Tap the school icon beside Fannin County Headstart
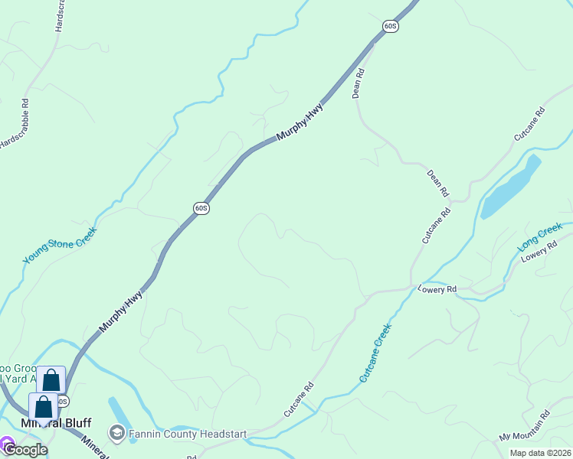tap(117, 434)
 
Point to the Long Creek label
tap(540, 238)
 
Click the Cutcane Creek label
tap(375, 353)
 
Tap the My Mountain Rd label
tap(525, 425)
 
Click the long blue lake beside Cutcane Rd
tap(510, 187)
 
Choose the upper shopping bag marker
tap(51, 380)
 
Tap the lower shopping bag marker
tap(44, 407)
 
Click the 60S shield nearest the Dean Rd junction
tap(391, 26)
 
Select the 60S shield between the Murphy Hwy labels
tap(201, 208)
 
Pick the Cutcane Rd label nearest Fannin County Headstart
tap(299, 399)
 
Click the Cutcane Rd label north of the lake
tap(529, 123)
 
